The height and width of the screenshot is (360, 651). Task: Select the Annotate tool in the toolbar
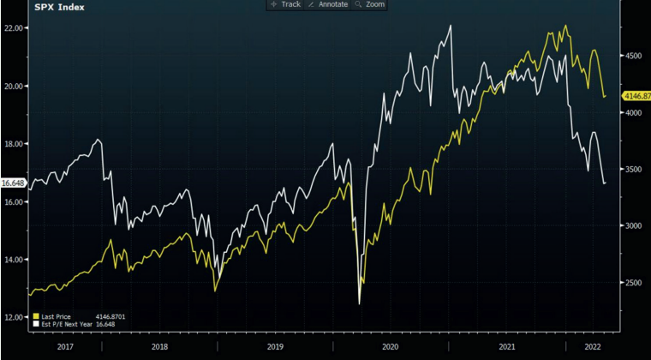327,4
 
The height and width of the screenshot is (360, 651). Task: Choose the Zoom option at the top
370,4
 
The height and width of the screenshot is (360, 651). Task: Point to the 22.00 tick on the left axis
13,28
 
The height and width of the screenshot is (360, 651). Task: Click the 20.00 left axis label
13,87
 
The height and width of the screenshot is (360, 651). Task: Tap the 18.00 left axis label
13,144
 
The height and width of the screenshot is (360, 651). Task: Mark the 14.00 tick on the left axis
13,260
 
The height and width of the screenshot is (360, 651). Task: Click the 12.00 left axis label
13,317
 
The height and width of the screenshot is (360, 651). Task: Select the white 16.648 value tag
12,183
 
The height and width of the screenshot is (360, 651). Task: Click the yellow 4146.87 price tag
634,96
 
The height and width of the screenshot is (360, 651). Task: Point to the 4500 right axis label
633,57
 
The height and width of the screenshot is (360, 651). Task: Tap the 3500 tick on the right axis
633,170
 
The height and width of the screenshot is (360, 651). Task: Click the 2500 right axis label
633,283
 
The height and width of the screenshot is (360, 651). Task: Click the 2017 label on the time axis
63,347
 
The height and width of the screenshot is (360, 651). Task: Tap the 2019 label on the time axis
273,347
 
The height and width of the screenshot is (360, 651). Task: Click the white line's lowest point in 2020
359,303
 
